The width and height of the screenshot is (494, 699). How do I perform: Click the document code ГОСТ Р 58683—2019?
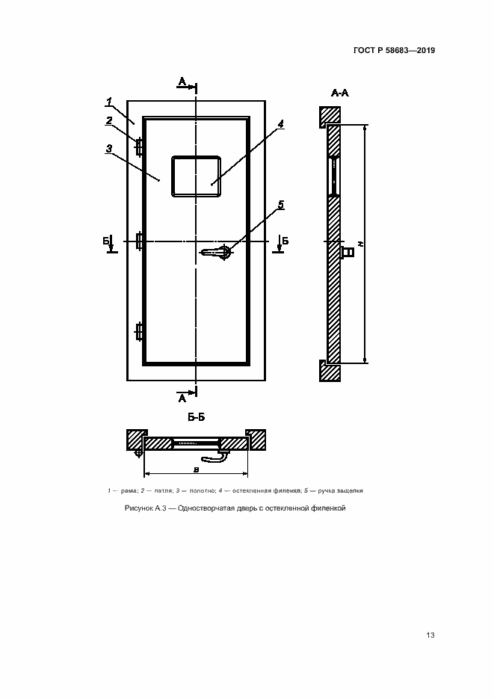point(394,50)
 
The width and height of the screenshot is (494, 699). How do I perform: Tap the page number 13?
point(430,635)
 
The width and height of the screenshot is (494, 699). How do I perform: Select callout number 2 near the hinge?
point(109,120)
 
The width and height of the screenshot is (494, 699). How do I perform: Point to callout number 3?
point(109,149)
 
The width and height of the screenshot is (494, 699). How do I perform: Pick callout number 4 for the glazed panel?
point(281,124)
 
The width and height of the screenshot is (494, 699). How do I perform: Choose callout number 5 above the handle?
point(281,205)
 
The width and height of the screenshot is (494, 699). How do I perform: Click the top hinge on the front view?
point(139,147)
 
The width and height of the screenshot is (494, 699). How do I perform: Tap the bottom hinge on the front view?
point(139,332)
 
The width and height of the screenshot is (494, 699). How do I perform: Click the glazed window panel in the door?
point(196,176)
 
